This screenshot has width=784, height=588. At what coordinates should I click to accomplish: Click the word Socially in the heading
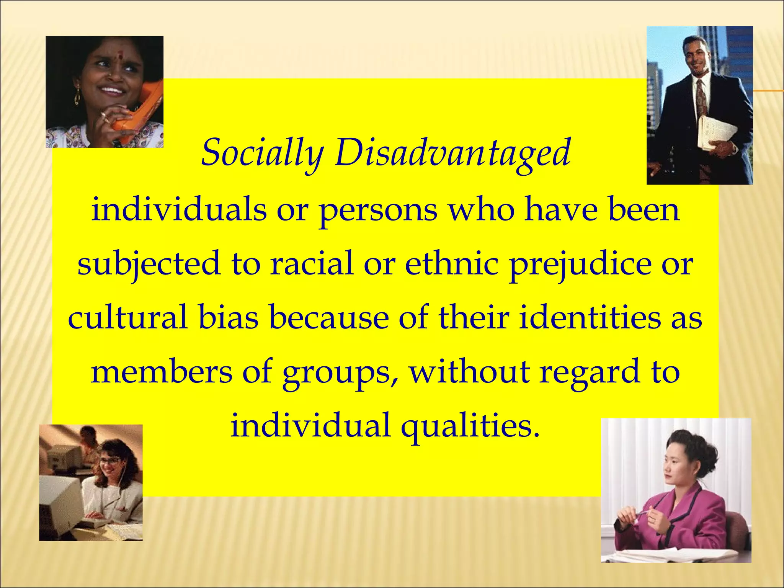tap(262, 153)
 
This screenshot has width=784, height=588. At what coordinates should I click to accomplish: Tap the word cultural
tap(128, 318)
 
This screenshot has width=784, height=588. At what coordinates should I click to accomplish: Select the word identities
tap(590, 318)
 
